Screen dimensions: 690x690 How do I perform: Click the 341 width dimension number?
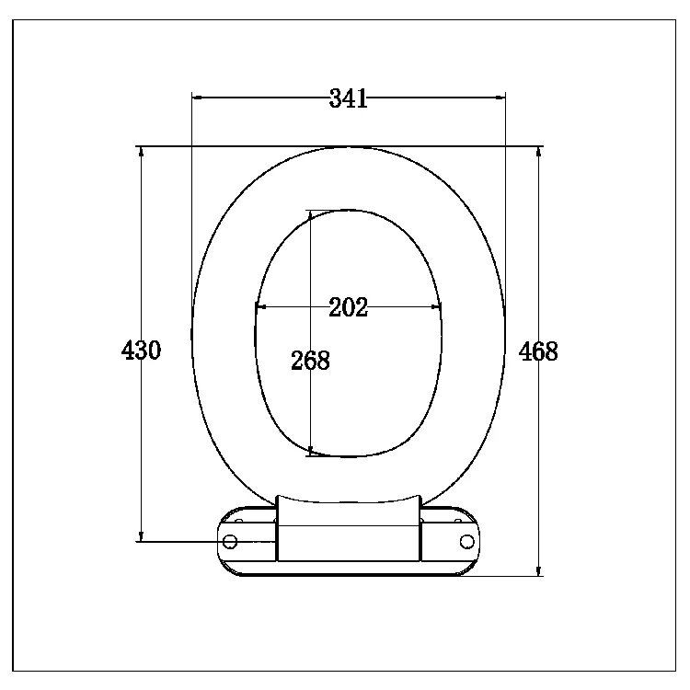click(348, 98)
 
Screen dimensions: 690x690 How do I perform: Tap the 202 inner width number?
click(348, 307)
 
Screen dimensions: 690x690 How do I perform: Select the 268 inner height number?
click(310, 361)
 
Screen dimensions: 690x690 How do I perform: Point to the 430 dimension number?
click(141, 351)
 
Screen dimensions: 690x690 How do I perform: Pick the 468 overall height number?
click(538, 351)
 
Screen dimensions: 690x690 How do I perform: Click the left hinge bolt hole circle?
click(230, 541)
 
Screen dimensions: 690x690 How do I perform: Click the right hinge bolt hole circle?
click(466, 541)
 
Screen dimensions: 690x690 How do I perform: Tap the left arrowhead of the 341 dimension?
click(197, 98)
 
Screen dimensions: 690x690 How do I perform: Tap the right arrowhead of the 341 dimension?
click(500, 98)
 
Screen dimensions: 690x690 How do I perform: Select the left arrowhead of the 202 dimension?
click(260, 306)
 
